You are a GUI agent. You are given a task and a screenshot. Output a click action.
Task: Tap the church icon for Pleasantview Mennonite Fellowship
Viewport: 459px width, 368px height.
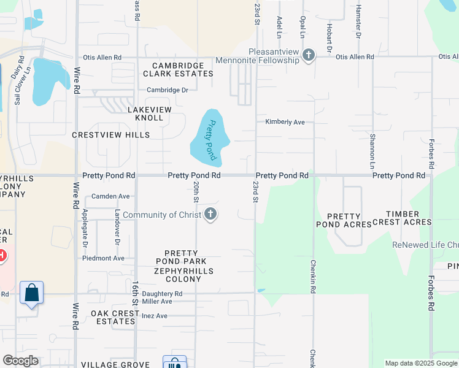tap(308, 56)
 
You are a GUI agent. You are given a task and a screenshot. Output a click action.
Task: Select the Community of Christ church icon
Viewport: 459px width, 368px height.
tap(210, 214)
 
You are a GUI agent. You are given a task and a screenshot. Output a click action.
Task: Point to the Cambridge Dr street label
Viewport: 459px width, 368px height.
tap(167, 90)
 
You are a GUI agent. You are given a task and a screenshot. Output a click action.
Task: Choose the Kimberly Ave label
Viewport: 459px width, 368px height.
tap(285, 122)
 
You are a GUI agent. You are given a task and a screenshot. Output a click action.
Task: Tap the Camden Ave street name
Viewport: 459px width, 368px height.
tap(110, 196)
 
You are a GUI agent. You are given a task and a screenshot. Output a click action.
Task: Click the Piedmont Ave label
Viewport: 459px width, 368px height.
tap(103, 258)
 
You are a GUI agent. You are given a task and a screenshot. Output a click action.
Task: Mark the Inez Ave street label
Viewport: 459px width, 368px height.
tap(154, 316)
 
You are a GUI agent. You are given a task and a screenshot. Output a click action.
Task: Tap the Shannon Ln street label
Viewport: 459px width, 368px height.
tap(372, 151)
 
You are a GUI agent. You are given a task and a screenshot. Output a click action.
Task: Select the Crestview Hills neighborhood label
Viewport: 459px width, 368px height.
tap(110, 134)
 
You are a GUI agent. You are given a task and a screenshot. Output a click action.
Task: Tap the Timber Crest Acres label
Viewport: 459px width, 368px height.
tap(408, 218)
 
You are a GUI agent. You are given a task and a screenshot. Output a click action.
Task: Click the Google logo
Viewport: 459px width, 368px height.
tap(20, 360)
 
